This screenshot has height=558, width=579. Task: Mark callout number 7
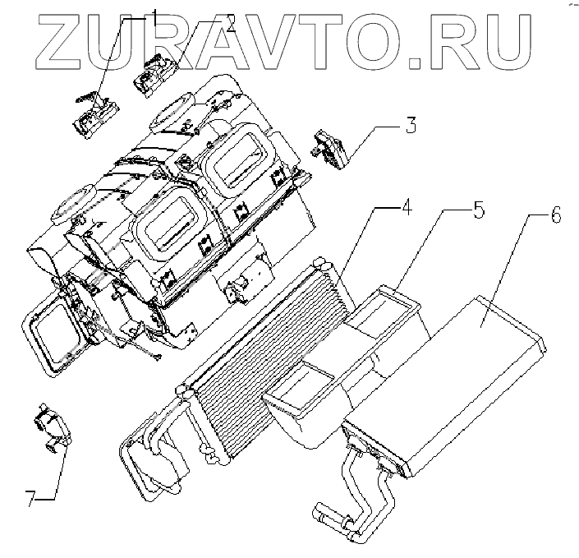[x=32, y=499]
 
